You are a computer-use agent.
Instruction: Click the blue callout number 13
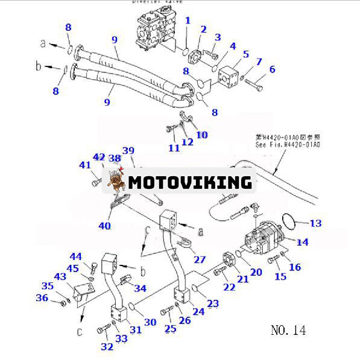click(315, 223)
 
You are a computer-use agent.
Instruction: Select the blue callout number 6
click(272, 69)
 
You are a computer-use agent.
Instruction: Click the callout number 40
click(104, 226)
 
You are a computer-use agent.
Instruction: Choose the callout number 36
click(42, 297)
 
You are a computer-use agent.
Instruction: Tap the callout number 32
click(107, 346)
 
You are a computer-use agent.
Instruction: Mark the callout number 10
click(201, 135)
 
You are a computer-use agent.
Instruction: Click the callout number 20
click(256, 271)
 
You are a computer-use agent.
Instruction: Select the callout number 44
click(75, 257)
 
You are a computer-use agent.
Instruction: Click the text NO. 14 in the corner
click(288, 330)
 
